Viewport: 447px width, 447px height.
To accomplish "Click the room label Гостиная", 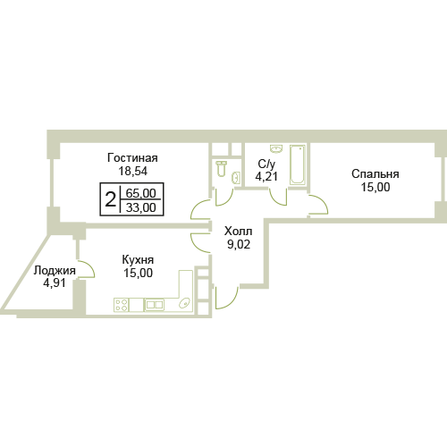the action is pyautogui.click(x=132, y=158).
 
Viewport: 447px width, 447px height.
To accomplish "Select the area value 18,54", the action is pyautogui.click(x=133, y=172).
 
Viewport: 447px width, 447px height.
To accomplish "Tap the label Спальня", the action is pyautogui.click(x=375, y=173).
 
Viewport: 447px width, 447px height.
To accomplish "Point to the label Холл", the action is pyautogui.click(x=239, y=231).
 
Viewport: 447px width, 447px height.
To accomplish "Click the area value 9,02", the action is pyautogui.click(x=239, y=244).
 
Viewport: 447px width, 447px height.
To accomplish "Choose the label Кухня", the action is pyautogui.click(x=138, y=260).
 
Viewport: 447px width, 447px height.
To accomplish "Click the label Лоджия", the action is pyautogui.click(x=55, y=271).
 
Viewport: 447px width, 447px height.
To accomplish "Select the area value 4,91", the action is pyautogui.click(x=55, y=283).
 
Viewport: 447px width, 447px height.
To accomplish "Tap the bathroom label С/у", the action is pyautogui.click(x=266, y=164).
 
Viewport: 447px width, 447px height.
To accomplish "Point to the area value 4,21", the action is pyautogui.click(x=266, y=176).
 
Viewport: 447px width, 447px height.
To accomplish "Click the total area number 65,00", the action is pyautogui.click(x=140, y=193).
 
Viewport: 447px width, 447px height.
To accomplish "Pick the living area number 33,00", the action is pyautogui.click(x=140, y=207).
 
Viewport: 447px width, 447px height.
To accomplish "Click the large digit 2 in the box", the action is pyautogui.click(x=110, y=199).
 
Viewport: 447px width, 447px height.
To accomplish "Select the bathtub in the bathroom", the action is pyautogui.click(x=298, y=164).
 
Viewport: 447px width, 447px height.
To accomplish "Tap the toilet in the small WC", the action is pyautogui.click(x=221, y=168).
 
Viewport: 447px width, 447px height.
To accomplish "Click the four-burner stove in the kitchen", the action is pyautogui.click(x=122, y=305).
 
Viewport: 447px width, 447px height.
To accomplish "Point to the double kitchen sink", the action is pyautogui.click(x=154, y=305).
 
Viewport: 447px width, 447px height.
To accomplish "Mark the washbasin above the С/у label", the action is pyautogui.click(x=276, y=148).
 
